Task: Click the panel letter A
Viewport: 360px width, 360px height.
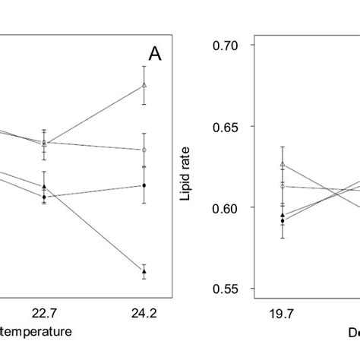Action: pyautogui.click(x=155, y=55)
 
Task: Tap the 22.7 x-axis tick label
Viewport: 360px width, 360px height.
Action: pyautogui.click(x=45, y=311)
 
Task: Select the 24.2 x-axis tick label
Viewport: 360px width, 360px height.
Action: pyautogui.click(x=144, y=311)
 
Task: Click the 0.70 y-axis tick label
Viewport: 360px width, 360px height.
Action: pyautogui.click(x=226, y=46)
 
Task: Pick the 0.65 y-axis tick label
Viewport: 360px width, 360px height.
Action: pyautogui.click(x=226, y=127)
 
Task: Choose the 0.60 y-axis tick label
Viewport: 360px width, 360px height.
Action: pyautogui.click(x=226, y=208)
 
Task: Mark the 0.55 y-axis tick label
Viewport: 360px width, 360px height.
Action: pyautogui.click(x=226, y=289)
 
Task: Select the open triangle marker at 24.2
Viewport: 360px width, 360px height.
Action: pyautogui.click(x=144, y=85)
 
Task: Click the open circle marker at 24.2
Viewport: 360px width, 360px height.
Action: pyautogui.click(x=144, y=150)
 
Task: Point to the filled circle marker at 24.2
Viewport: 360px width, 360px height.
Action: pyautogui.click(x=144, y=185)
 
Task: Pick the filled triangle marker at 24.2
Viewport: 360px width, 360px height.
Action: pyautogui.click(x=144, y=271)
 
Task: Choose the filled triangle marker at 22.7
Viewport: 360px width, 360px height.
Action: pyautogui.click(x=44, y=187)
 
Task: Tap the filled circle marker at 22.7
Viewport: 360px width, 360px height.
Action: pyautogui.click(x=44, y=197)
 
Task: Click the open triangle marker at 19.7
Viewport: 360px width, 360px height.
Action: pyautogui.click(x=283, y=165)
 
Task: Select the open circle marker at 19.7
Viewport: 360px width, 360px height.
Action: pyautogui.click(x=283, y=186)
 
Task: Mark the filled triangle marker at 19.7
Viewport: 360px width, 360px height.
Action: pyautogui.click(x=283, y=215)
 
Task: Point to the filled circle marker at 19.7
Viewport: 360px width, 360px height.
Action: pyautogui.click(x=283, y=221)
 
